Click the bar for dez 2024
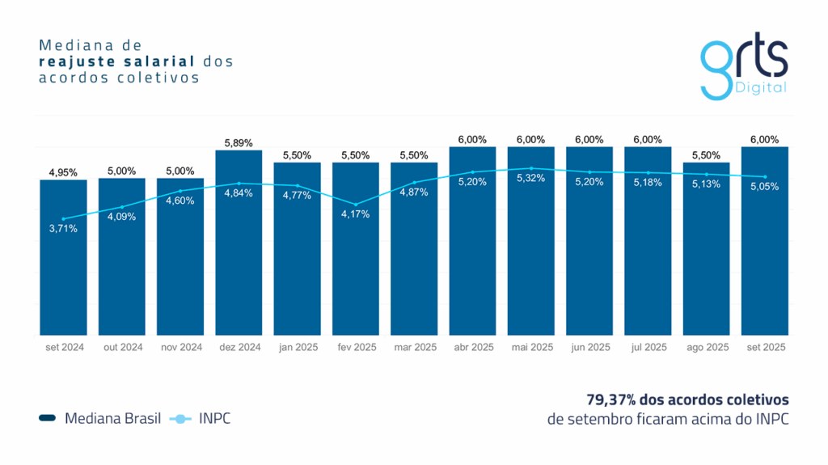(x=239, y=259)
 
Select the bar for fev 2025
(x=356, y=267)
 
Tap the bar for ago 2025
(x=707, y=259)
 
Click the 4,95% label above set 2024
(x=63, y=172)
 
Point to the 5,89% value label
(x=239, y=143)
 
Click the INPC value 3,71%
(x=63, y=229)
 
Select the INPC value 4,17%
(x=356, y=214)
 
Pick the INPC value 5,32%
(x=531, y=178)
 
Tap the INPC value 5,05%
(x=765, y=187)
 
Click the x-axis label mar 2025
(x=414, y=347)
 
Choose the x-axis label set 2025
(x=765, y=347)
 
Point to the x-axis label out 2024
(x=122, y=347)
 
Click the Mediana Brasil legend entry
(x=100, y=418)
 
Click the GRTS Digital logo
(x=743, y=69)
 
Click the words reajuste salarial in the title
(x=116, y=61)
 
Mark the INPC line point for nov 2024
(x=180, y=191)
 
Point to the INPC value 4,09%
(x=122, y=217)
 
